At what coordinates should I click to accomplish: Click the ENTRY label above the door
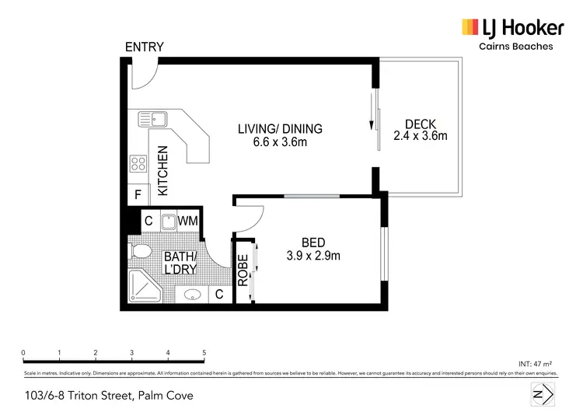point(145,47)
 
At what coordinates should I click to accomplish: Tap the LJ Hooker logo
point(512,29)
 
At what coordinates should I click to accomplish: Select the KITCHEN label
point(163,171)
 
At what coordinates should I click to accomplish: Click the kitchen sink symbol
point(153,119)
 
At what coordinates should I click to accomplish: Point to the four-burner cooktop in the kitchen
point(139,164)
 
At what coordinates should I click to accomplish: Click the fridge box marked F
point(138,194)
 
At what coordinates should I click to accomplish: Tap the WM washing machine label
point(187,222)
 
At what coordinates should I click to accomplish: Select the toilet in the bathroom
point(141,253)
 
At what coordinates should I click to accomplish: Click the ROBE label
point(243,271)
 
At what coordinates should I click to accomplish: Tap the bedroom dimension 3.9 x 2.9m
point(313,255)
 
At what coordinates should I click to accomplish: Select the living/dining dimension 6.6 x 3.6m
point(279,141)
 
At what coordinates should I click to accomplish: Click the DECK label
point(420,124)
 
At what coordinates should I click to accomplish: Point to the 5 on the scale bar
point(204,353)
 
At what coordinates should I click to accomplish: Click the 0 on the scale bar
point(24,353)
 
